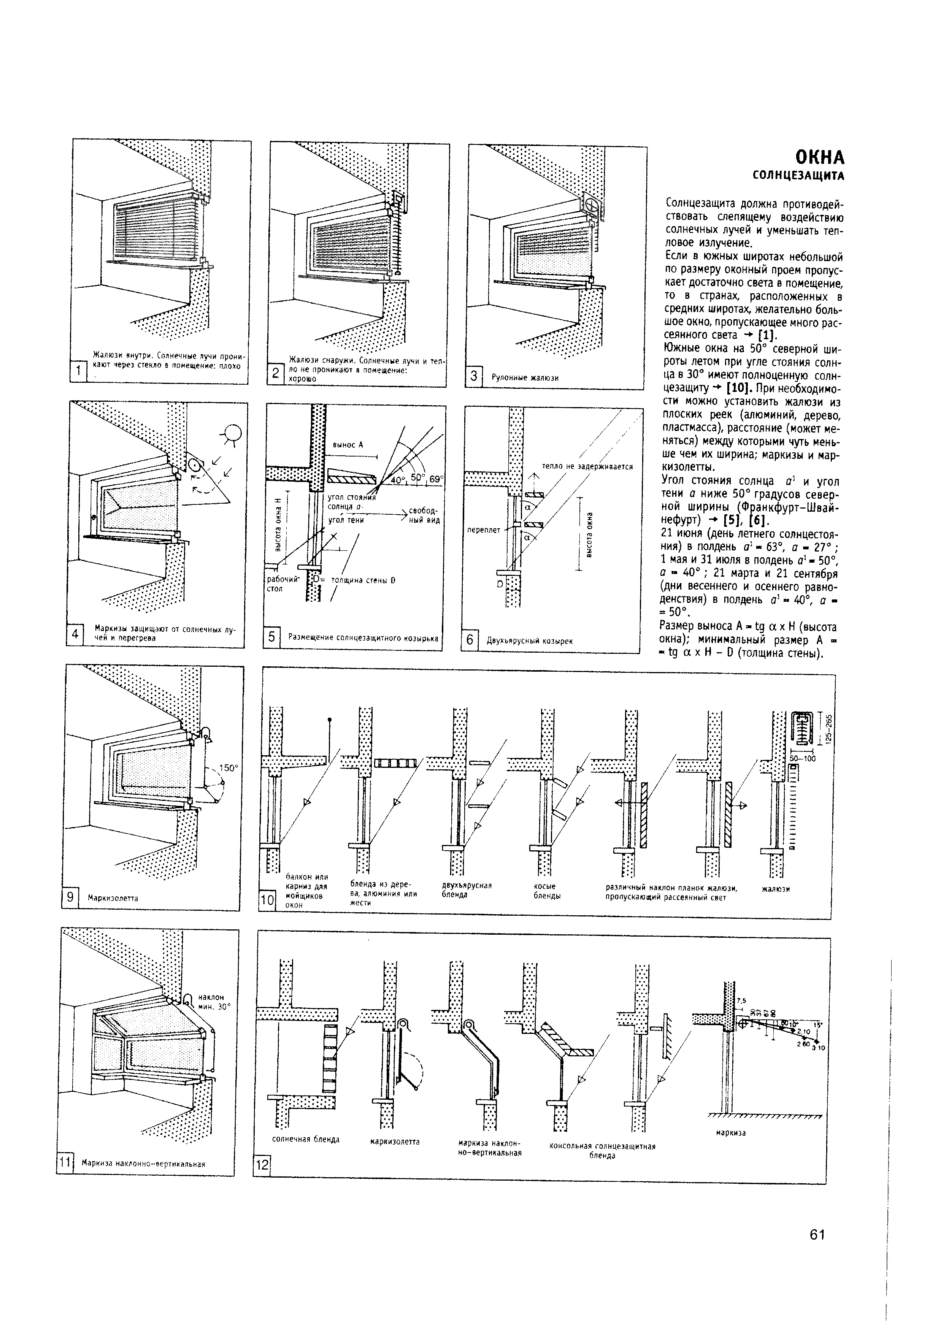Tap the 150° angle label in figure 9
tap(229, 767)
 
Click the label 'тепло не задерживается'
tap(587, 466)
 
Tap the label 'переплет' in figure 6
tap(484, 530)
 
